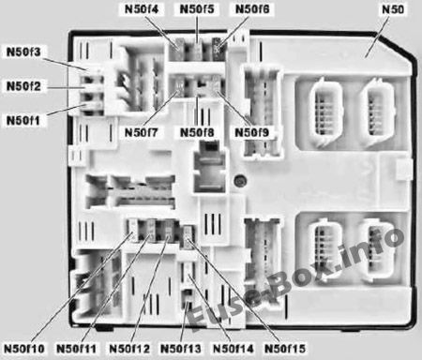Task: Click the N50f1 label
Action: [x=23, y=120]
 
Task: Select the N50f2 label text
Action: [x=23, y=86]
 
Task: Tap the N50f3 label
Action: [x=23, y=52]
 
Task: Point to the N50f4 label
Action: [x=142, y=9]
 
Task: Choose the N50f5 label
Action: [x=197, y=9]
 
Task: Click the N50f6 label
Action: [x=252, y=9]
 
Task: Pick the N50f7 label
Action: [x=142, y=132]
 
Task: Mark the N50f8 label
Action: [x=197, y=132]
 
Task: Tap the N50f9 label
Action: [x=251, y=132]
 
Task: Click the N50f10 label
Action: [x=24, y=349]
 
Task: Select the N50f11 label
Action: [x=76, y=349]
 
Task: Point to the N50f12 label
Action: [x=129, y=349]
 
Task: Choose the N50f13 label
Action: [x=181, y=349]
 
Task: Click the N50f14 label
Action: [x=234, y=349]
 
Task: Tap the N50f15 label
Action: [x=285, y=349]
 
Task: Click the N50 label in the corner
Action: [x=393, y=9]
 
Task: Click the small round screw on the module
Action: [x=241, y=181]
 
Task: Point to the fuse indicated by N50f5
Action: [x=197, y=50]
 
